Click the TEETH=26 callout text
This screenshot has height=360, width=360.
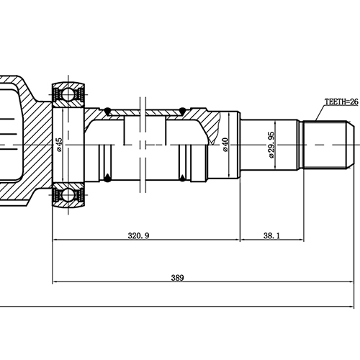point(341,102)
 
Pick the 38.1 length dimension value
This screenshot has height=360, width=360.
point(272,235)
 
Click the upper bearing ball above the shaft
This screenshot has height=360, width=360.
point(68,94)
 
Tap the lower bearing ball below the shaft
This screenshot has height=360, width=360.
point(68,192)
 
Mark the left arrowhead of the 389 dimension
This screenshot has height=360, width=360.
point(55,283)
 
